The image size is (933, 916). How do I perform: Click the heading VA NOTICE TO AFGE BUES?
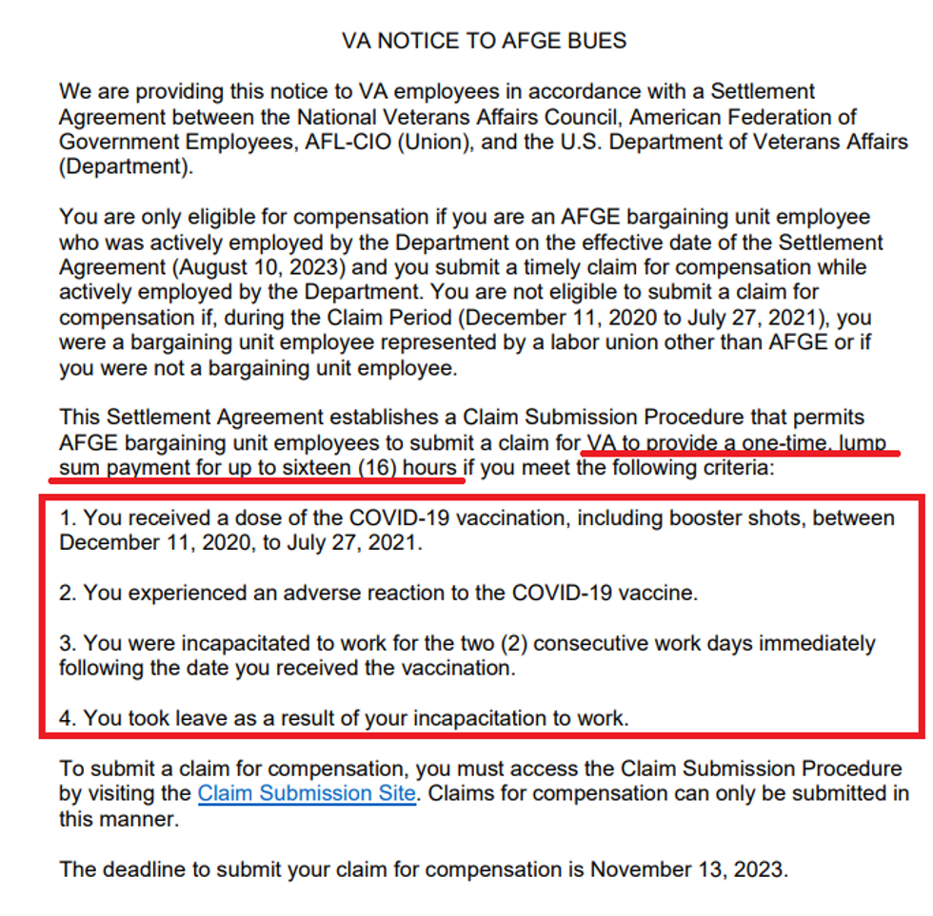(484, 41)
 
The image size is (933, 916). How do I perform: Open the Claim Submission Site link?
(307, 793)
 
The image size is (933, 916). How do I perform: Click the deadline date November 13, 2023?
(688, 868)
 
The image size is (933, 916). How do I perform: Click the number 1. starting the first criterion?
(68, 518)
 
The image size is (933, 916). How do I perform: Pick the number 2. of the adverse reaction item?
(68, 593)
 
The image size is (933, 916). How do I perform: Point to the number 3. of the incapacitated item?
(68, 643)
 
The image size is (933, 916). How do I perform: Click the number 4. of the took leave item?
(68, 718)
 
